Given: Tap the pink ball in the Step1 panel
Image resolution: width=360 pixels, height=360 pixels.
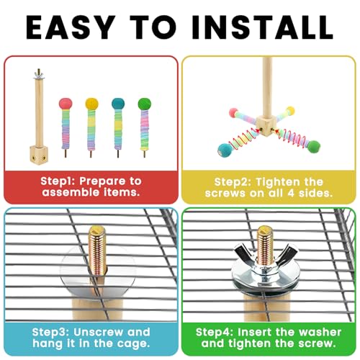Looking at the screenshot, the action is (x=66, y=104).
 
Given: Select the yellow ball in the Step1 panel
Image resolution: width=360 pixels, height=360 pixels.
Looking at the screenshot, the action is (x=92, y=104).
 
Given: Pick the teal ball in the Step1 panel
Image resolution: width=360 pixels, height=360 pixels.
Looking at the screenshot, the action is (x=118, y=104).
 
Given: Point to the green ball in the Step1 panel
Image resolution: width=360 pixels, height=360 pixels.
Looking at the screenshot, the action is (x=145, y=104).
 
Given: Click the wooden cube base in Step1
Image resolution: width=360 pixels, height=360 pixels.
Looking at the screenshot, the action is (x=39, y=154).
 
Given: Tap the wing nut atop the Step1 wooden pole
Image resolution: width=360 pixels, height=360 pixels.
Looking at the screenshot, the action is (x=38, y=74).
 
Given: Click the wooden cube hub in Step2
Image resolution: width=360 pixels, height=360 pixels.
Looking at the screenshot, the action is (x=265, y=125).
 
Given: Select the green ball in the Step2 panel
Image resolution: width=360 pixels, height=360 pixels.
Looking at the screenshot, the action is (x=314, y=147).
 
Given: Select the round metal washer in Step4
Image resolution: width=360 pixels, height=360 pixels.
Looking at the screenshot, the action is (x=266, y=276).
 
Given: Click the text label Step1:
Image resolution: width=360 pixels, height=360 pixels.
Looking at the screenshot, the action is (x=58, y=181).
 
